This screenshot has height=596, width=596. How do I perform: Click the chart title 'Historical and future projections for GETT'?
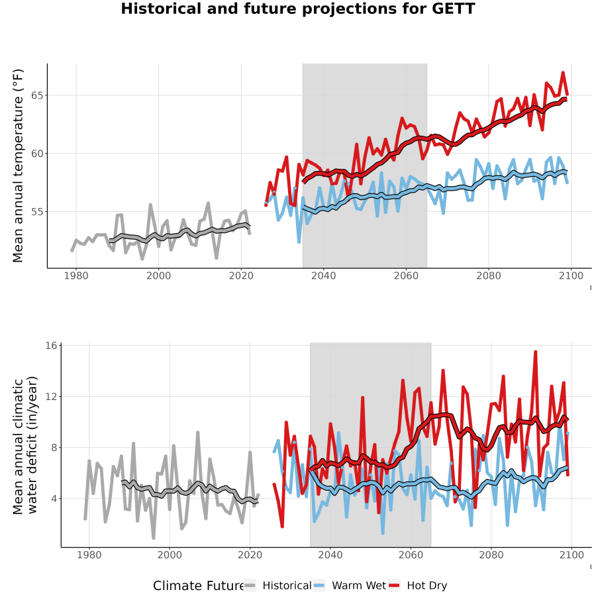[x=298, y=9]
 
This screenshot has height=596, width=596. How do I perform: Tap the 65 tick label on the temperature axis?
[x=37, y=95]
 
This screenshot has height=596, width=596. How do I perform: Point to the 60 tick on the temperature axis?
[x=37, y=154]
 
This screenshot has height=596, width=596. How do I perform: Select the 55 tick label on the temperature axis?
[x=37, y=212]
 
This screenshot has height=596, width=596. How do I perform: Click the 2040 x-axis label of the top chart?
[x=323, y=275]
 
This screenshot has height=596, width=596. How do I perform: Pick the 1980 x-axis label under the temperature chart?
[x=76, y=275]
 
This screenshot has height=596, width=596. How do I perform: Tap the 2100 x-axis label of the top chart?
[x=571, y=275]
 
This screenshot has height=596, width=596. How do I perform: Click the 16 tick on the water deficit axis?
[x=51, y=346]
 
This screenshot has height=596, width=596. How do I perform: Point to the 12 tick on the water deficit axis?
[x=51, y=397]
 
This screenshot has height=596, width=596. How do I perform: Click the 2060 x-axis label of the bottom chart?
[x=411, y=555]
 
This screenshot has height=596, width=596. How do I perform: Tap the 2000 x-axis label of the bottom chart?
[x=170, y=555]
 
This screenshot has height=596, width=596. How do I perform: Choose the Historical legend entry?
[x=277, y=585]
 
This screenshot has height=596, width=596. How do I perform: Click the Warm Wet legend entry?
[x=350, y=585]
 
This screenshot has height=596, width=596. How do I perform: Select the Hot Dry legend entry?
[x=418, y=585]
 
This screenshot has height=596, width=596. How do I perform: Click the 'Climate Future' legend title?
[x=199, y=586]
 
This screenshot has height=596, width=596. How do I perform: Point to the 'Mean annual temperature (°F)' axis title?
[x=18, y=166]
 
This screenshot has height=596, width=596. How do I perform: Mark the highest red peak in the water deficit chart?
[x=535, y=352]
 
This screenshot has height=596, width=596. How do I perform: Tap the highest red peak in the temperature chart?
[x=563, y=73]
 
